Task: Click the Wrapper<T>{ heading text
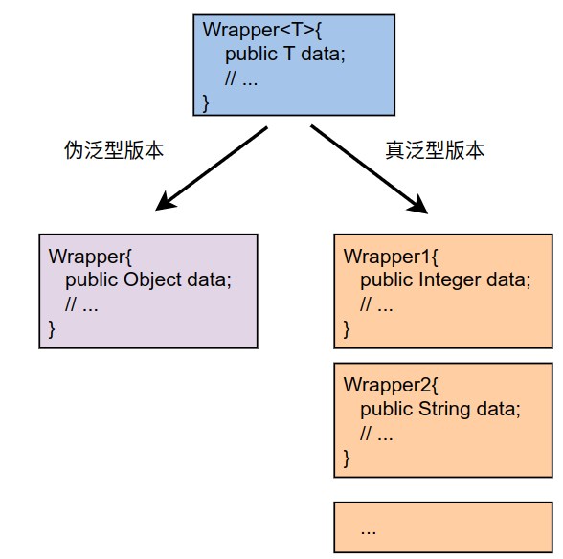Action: coord(262,30)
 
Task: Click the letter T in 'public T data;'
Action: coord(289,54)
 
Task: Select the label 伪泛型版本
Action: coord(114,150)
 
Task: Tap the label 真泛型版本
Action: coord(435,150)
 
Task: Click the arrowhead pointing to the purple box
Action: coord(164,203)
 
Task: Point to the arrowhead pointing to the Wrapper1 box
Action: coord(419,206)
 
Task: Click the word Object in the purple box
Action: coord(152,280)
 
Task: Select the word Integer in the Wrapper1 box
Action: coord(450,280)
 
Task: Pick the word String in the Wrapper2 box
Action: coord(444,409)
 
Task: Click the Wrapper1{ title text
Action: coord(391,257)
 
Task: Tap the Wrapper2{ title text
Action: coord(391,385)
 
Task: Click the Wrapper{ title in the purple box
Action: coord(90,257)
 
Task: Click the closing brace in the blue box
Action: coord(206,103)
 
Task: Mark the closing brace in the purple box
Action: coord(52,329)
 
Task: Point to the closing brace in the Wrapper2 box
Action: coord(347,458)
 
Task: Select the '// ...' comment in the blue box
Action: coord(241,78)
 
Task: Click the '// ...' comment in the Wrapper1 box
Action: coord(376,304)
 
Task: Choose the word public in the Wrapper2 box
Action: coord(387,410)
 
